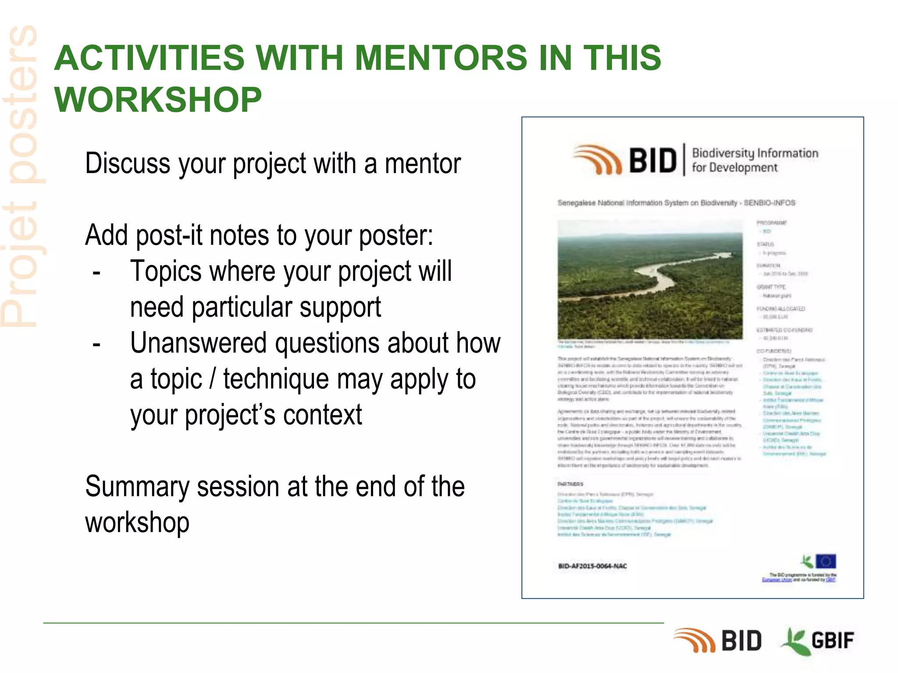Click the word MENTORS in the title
coord(440,58)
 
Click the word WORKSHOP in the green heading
coord(158,100)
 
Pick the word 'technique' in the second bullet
coord(276,379)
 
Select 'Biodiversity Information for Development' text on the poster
coord(755,160)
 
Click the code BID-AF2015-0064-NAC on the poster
coord(592,566)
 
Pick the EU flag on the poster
coord(826,561)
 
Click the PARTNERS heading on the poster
coord(570,484)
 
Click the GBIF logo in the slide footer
coord(818,641)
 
